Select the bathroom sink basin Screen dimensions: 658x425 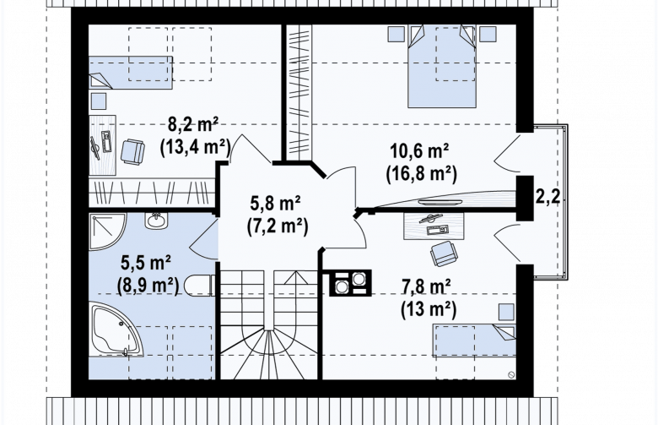tap(157, 221)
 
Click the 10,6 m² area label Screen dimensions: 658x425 tap(419, 151)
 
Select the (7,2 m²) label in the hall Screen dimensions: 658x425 tap(278, 226)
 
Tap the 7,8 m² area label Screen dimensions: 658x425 tap(426, 287)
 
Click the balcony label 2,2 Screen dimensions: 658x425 tap(547, 197)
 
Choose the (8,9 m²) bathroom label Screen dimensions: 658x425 tap(148, 286)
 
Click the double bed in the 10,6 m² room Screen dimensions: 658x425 tap(442, 66)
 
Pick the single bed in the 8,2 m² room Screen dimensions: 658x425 tap(131, 73)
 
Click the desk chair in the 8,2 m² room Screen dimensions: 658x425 tap(132, 151)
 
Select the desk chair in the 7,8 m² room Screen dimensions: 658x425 tap(444, 253)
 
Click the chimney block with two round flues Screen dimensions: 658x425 tap(350, 282)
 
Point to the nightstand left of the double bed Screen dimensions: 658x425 tap(396, 34)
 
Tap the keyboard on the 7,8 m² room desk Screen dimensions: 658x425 tap(437, 230)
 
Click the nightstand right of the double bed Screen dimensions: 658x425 tap(488, 34)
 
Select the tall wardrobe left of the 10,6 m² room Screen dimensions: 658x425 tap(299, 89)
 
